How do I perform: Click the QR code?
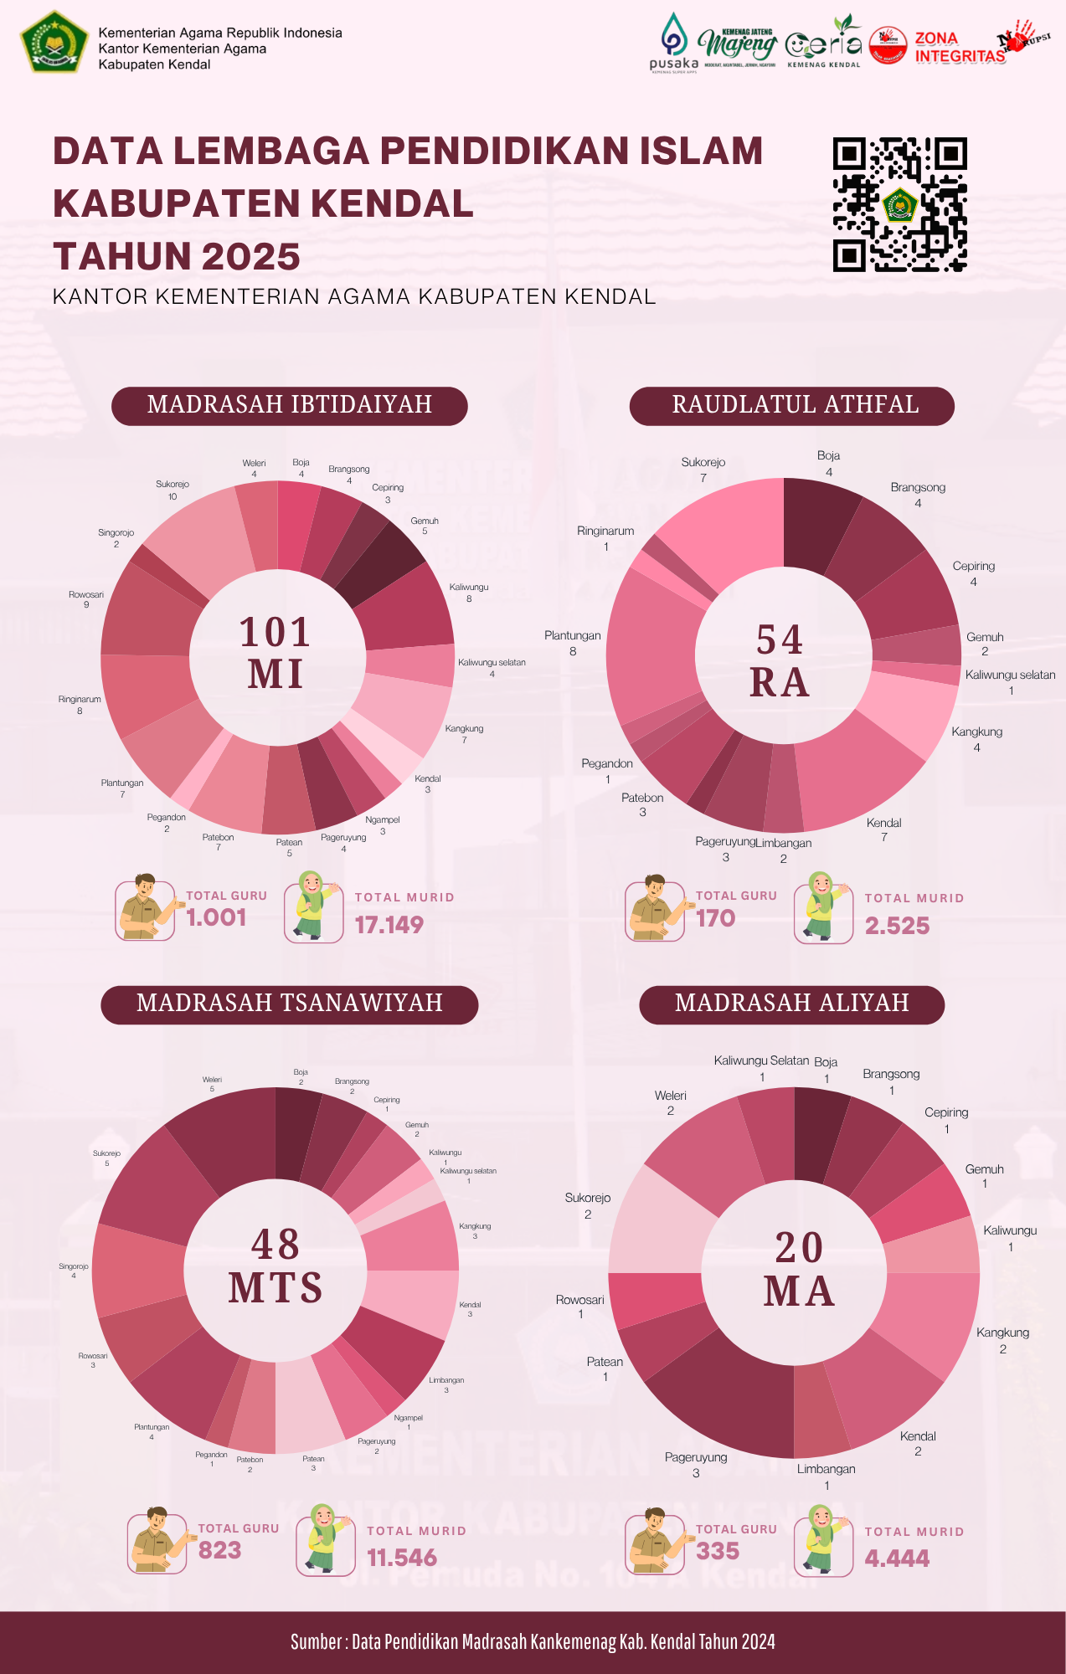(900, 204)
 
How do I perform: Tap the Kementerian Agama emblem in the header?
(54, 42)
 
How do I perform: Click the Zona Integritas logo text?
(960, 48)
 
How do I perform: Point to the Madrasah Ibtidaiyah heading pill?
(289, 406)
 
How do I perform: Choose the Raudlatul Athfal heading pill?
(792, 406)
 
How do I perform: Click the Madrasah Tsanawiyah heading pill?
(289, 1004)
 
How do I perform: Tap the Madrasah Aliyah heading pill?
(792, 1004)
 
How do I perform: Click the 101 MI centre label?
(276, 654)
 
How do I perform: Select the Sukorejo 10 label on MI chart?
(173, 490)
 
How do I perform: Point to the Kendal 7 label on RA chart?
(884, 829)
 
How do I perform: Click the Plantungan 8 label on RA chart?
(573, 643)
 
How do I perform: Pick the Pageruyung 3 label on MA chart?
(696, 1465)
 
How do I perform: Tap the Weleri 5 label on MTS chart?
(212, 1084)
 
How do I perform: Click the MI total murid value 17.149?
(389, 925)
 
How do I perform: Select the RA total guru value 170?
(716, 918)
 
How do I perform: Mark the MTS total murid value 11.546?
(403, 1558)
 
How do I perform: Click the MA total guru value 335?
(718, 1551)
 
